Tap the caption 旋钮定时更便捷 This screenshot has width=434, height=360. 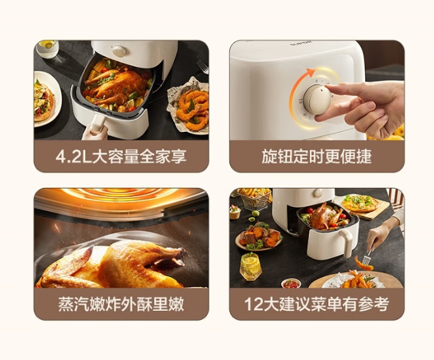tap(317, 156)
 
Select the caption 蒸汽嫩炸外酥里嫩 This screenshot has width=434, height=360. tap(121, 304)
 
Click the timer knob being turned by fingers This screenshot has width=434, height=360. tap(317, 100)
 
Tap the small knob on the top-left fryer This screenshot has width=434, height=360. tap(120, 51)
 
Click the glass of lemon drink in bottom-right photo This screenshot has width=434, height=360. tap(250, 266)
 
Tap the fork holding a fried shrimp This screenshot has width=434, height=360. tap(368, 255)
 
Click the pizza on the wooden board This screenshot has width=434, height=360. tap(360, 203)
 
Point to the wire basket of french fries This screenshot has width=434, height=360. tap(255, 199)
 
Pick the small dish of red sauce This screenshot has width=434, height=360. tap(291, 283)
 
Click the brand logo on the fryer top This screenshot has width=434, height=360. tap(301, 43)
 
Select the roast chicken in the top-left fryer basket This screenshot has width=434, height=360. tap(116, 84)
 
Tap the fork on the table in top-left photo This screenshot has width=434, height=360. tap(203, 66)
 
